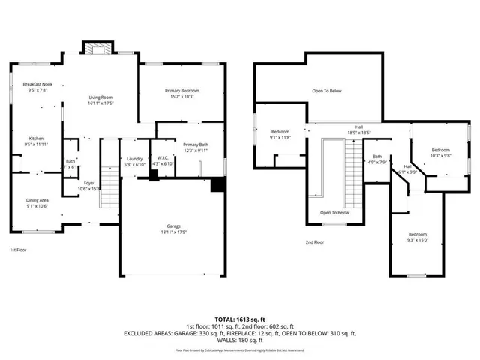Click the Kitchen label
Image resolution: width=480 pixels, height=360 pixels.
(37, 140)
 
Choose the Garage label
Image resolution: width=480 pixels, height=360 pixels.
(174, 226)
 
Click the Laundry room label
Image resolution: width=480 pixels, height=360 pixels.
(135, 158)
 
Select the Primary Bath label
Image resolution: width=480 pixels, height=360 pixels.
(196, 146)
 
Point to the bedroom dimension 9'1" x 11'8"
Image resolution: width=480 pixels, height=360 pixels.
(280, 138)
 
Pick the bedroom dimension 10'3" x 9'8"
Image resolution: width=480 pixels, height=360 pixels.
(440, 156)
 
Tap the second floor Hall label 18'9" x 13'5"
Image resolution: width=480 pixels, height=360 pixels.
(359, 132)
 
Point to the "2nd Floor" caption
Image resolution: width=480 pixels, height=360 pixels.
(315, 242)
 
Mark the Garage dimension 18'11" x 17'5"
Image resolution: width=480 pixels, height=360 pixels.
(174, 232)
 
